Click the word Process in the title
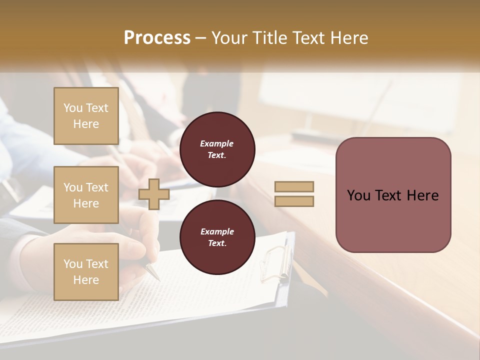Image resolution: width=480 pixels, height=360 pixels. coord(157,38)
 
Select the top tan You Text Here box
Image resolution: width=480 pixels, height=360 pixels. coord(86,116)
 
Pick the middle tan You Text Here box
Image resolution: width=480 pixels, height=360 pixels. coord(86,195)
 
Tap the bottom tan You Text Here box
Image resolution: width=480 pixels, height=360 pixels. coord(86,271)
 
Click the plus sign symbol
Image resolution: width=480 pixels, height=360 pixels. coord(154,194)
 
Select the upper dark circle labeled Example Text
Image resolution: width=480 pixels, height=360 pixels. coord(217,149)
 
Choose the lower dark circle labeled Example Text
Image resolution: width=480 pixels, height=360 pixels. coord(217,237)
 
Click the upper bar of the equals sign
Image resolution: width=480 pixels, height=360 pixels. coord(294,186)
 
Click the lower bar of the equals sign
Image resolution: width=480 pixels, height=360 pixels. coord(294,201)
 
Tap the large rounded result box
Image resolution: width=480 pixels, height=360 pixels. coord(393,195)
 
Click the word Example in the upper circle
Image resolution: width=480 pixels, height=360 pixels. coord(217,143)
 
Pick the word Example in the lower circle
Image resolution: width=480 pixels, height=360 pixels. coord(217,231)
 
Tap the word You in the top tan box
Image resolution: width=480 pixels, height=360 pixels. coord(73,108)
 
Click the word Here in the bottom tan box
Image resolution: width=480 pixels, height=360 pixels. coord(86,280)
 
